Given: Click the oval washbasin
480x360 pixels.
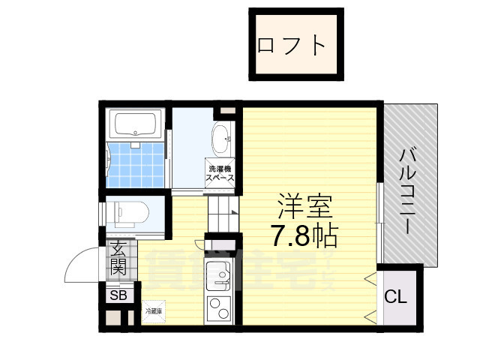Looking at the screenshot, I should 223,138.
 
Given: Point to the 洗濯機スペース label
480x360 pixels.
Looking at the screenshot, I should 220,174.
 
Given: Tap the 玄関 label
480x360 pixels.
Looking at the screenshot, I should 119,257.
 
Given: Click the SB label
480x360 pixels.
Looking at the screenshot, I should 118,295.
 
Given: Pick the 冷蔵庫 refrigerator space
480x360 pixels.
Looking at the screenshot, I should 153,310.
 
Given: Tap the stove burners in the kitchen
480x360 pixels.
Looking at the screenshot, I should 219,310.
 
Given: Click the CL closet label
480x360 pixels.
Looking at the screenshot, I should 395,295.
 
